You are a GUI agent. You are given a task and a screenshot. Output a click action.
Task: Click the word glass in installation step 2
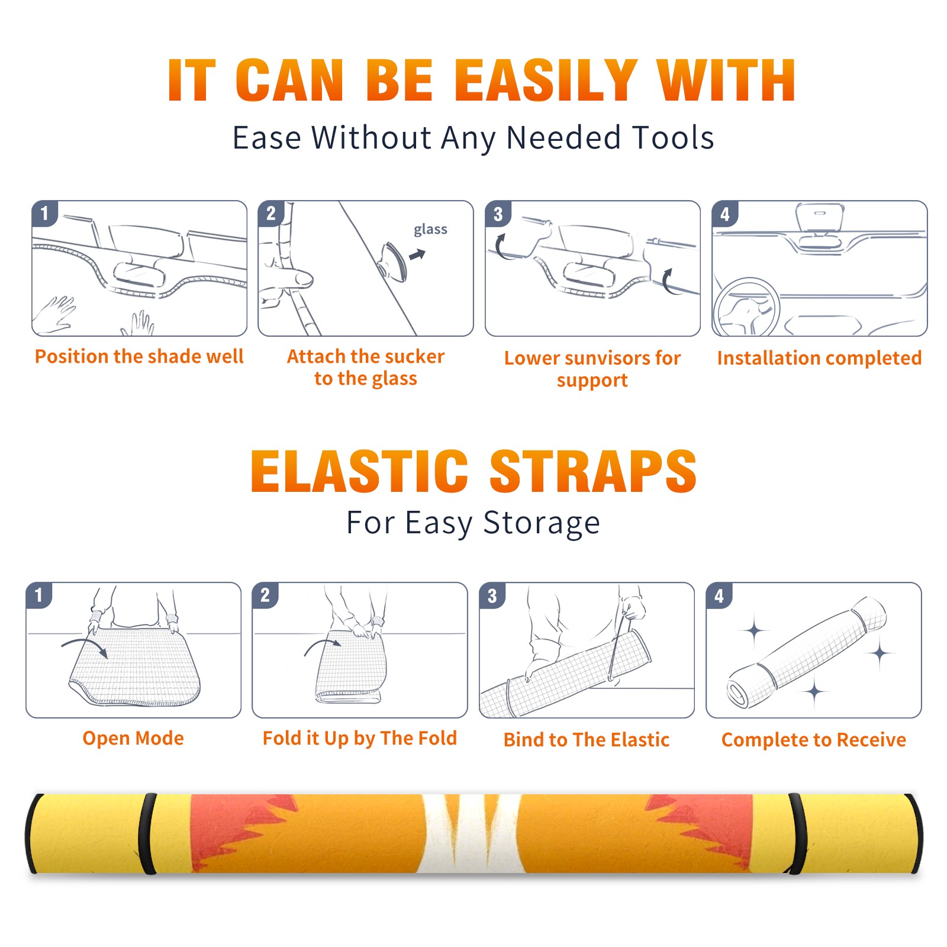point(430,229)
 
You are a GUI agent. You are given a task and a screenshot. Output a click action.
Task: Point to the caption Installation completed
point(819,358)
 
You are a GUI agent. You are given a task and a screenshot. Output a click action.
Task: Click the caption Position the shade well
point(139,356)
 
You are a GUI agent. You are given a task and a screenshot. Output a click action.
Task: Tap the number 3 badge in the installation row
point(497,214)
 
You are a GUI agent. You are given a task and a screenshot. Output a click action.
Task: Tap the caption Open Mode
point(133,738)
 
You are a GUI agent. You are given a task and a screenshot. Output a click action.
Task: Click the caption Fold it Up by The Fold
point(360,738)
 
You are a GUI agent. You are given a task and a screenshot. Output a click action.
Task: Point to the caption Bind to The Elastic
point(587,740)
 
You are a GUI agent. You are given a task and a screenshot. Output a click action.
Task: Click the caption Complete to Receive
point(814,740)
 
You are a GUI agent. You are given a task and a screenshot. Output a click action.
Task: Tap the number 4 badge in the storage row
point(719,595)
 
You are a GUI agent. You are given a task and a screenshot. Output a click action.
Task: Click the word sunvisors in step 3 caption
point(604,359)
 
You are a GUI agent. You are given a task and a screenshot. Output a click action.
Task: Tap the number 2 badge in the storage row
point(265,595)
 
